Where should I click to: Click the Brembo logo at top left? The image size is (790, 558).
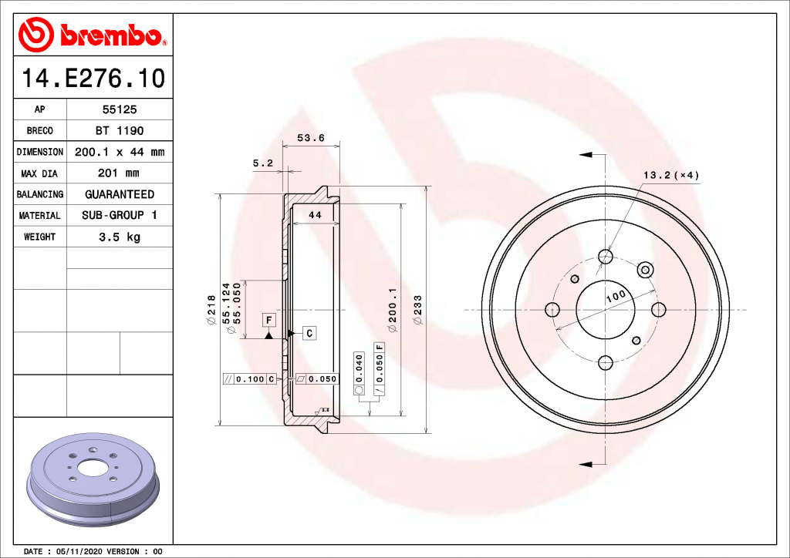(93, 35)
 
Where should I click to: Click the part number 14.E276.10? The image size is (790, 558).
(93, 79)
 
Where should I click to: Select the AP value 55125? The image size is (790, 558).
(120, 109)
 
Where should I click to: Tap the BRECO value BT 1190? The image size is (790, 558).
(120, 131)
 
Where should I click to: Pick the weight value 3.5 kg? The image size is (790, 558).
(120, 237)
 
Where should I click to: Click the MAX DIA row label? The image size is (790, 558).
(39, 174)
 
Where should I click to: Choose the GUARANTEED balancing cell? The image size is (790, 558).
(120, 194)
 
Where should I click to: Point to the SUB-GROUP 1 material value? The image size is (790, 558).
(120, 215)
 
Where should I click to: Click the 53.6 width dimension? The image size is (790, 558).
(311, 138)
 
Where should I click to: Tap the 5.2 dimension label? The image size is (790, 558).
(262, 163)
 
